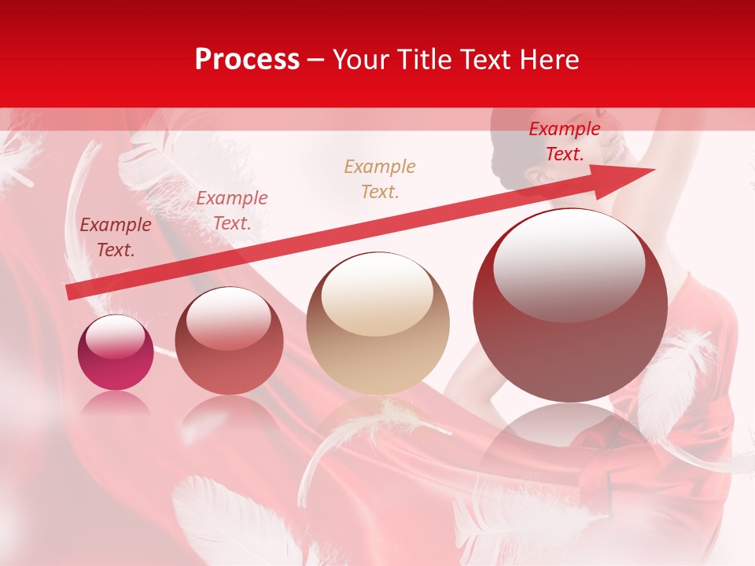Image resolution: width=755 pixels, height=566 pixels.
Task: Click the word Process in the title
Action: (x=247, y=60)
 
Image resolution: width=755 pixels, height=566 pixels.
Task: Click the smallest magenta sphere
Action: (x=116, y=353)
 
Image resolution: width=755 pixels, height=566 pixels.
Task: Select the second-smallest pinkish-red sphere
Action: (x=229, y=341)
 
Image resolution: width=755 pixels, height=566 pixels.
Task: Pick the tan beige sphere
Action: (x=377, y=324)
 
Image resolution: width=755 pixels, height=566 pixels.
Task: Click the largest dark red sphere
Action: (x=570, y=306)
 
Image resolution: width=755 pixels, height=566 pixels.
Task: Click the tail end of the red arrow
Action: (x=71, y=292)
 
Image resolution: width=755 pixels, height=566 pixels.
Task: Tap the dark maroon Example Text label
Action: (x=116, y=237)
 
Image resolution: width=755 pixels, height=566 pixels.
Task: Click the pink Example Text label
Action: (x=232, y=211)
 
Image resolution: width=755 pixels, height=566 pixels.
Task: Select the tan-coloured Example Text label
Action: (x=380, y=178)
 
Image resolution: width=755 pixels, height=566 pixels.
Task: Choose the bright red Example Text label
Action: (x=564, y=141)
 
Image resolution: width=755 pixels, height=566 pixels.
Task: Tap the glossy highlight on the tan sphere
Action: (x=377, y=295)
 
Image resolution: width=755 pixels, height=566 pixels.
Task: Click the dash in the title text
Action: (x=315, y=61)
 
